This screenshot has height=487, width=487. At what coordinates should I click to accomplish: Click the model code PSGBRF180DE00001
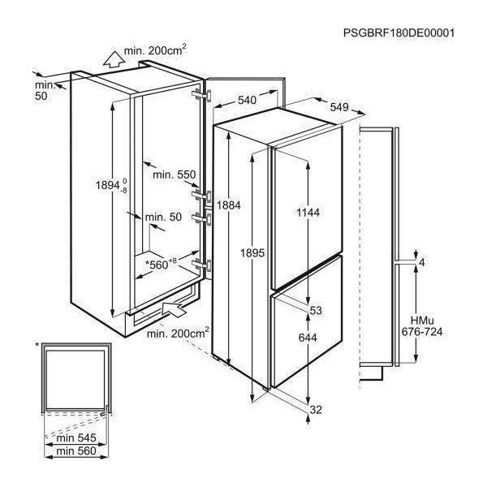click(399, 32)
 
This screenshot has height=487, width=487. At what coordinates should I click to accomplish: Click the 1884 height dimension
click(229, 205)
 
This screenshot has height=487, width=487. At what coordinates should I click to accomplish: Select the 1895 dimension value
click(252, 253)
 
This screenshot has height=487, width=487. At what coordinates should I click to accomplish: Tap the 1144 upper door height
click(308, 213)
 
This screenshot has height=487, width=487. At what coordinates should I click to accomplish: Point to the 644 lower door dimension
click(308, 338)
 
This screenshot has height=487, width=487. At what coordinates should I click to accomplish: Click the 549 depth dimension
click(339, 107)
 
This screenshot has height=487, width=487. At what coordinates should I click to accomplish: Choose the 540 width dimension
click(248, 100)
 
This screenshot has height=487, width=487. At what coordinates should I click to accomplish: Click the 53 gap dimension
click(316, 310)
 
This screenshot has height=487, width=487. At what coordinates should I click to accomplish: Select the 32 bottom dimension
click(316, 410)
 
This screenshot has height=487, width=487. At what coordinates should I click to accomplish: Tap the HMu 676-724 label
click(422, 326)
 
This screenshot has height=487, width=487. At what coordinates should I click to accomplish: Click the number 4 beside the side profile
click(421, 263)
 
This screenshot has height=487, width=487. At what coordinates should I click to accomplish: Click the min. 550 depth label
click(175, 175)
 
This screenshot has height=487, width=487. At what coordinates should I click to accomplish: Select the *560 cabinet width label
click(161, 265)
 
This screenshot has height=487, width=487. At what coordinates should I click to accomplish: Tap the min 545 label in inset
click(76, 438)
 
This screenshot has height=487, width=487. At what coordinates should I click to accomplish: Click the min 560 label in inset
click(76, 451)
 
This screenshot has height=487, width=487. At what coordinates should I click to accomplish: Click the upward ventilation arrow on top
click(113, 59)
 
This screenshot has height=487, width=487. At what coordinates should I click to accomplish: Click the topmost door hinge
click(202, 95)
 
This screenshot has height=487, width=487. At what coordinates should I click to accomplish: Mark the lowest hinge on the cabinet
click(202, 265)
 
